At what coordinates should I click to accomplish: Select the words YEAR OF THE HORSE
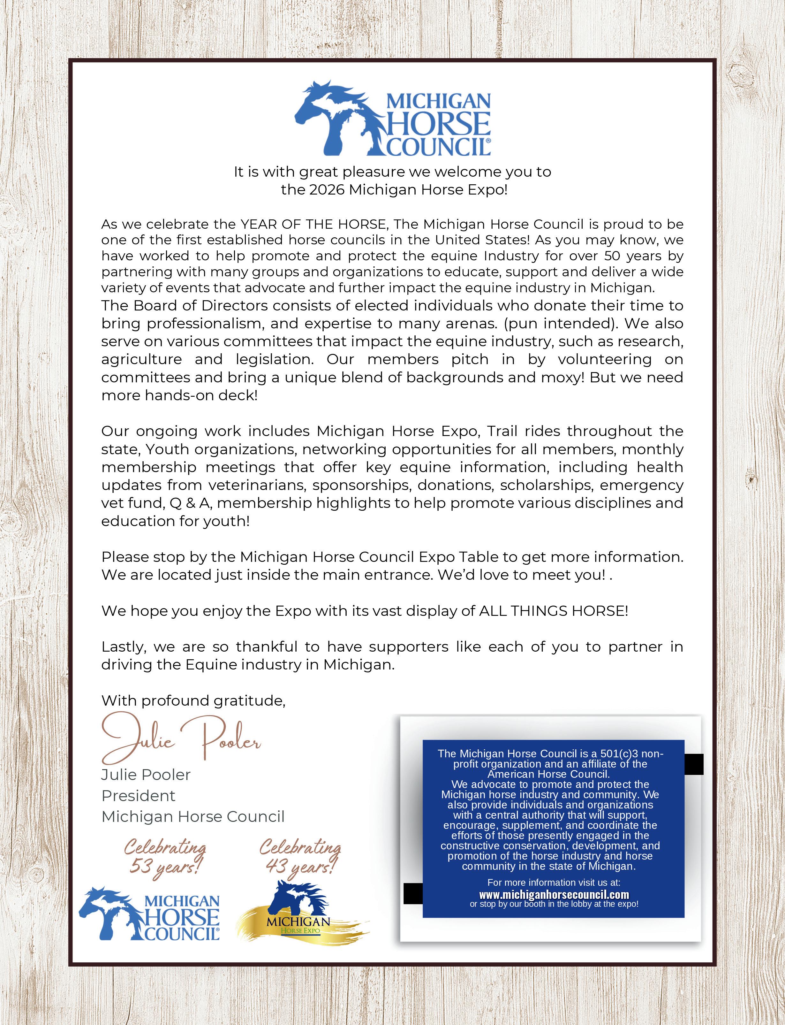[313, 224]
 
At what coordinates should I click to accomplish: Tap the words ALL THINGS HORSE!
[553, 611]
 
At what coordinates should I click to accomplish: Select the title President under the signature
[138, 796]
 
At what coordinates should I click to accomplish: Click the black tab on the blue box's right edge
[694, 764]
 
